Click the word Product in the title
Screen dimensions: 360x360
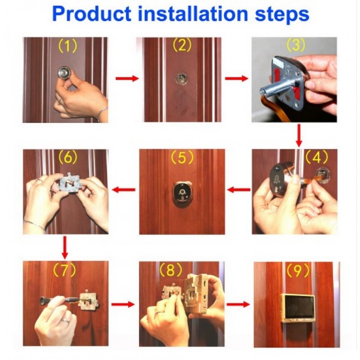pos(92,14)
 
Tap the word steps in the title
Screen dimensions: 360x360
pos(283,15)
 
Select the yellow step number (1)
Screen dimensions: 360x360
pos(67,46)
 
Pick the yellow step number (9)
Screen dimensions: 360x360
pos(297,270)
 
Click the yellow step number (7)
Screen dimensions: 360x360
pos(64,270)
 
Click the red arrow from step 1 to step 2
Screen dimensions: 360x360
pos(127,78)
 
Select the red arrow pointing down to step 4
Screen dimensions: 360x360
pos(299,135)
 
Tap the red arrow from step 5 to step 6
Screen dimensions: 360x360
pos(124,189)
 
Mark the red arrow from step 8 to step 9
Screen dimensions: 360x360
pos(238,305)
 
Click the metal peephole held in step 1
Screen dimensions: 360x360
pos(65,72)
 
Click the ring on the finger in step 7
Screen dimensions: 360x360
pos(66,320)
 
